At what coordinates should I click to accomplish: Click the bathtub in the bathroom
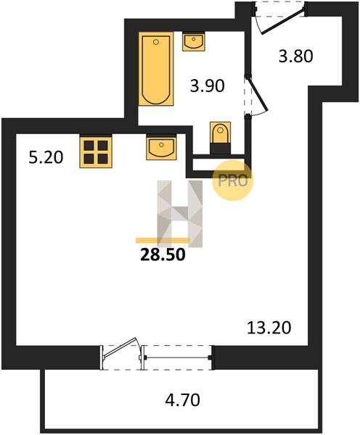click(156, 69)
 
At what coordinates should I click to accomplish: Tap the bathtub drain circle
click(156, 42)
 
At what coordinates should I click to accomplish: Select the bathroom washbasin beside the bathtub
click(194, 41)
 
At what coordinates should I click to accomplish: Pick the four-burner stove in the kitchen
click(96, 152)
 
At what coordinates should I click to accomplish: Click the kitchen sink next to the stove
click(161, 147)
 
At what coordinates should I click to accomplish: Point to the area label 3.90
click(208, 86)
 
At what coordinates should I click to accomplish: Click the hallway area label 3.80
click(296, 56)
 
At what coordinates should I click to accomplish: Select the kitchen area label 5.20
click(46, 157)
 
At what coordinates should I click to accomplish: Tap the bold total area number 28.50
click(163, 254)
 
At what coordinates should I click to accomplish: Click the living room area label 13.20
click(269, 328)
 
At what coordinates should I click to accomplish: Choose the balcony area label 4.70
click(182, 400)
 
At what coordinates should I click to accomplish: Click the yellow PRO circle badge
click(233, 181)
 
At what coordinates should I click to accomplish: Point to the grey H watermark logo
click(180, 214)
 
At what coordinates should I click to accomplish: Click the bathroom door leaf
click(258, 94)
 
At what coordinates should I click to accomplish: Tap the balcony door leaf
click(120, 347)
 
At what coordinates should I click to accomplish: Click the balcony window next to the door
click(178, 357)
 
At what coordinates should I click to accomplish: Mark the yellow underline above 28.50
click(163, 241)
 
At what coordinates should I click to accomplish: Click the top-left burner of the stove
click(89, 146)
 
